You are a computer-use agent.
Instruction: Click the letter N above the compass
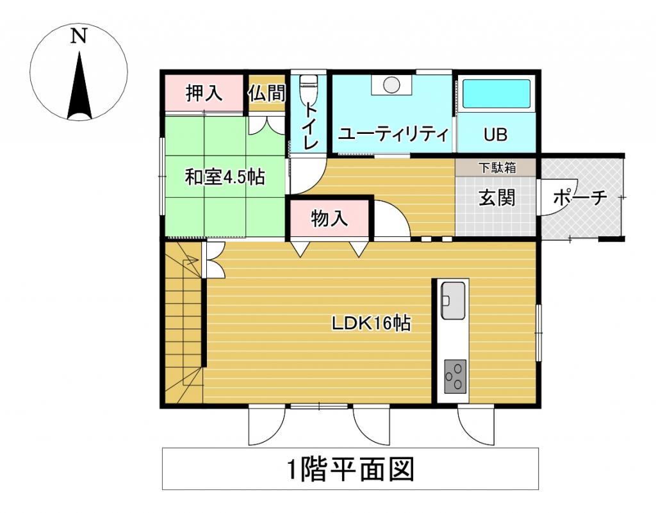coord(79,37)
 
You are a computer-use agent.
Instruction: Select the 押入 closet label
coord(204,94)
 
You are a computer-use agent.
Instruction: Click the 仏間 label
coord(266,94)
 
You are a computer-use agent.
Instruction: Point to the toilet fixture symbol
coord(309,89)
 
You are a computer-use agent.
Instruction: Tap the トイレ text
coord(309,126)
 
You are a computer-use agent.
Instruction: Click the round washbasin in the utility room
coord(391,85)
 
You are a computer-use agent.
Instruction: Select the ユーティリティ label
coord(393,134)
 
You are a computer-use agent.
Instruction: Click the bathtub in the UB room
coord(496,94)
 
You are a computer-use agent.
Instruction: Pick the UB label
coord(496,135)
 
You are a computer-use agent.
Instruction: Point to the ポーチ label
coord(579,198)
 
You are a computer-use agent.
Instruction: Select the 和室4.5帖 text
coord(225,177)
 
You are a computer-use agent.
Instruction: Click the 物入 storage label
coord(329,219)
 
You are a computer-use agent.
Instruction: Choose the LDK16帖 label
coord(370,323)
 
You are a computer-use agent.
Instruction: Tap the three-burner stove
coord(455,376)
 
